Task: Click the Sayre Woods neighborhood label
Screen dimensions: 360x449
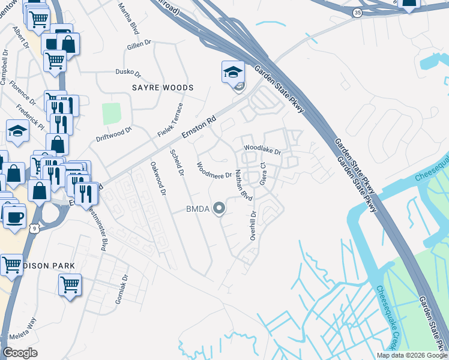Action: pyautogui.click(x=163, y=88)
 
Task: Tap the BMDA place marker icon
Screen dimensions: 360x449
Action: pyautogui.click(x=220, y=209)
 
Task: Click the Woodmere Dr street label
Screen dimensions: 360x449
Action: pyautogui.click(x=214, y=170)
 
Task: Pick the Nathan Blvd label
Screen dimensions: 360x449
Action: pyautogui.click(x=243, y=185)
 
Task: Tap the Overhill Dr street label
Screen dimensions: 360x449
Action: pyautogui.click(x=253, y=226)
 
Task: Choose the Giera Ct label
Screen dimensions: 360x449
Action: pyautogui.click(x=262, y=173)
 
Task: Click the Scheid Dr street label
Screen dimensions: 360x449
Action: pyautogui.click(x=176, y=162)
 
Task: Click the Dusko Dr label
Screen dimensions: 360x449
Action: pyautogui.click(x=128, y=73)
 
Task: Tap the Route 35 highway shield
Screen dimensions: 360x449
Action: pyautogui.click(x=357, y=12)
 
